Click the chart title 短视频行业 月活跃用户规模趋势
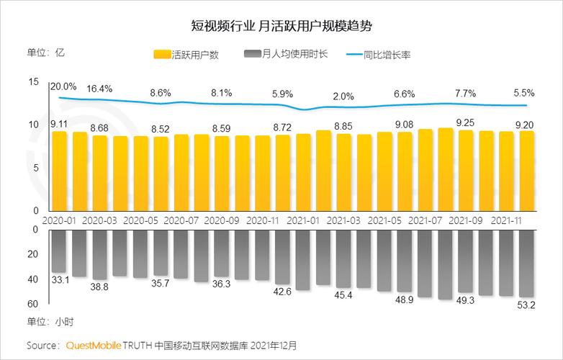(x=281, y=26)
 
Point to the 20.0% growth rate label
(x=63, y=86)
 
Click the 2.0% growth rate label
(x=343, y=96)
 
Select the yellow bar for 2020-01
(x=59, y=171)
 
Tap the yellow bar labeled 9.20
(x=527, y=171)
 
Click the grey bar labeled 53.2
(x=527, y=263)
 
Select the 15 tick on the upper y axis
(x=33, y=83)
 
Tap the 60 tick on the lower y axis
(x=33, y=303)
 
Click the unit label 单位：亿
(x=46, y=52)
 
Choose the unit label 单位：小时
(x=50, y=321)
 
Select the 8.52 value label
(x=161, y=130)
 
